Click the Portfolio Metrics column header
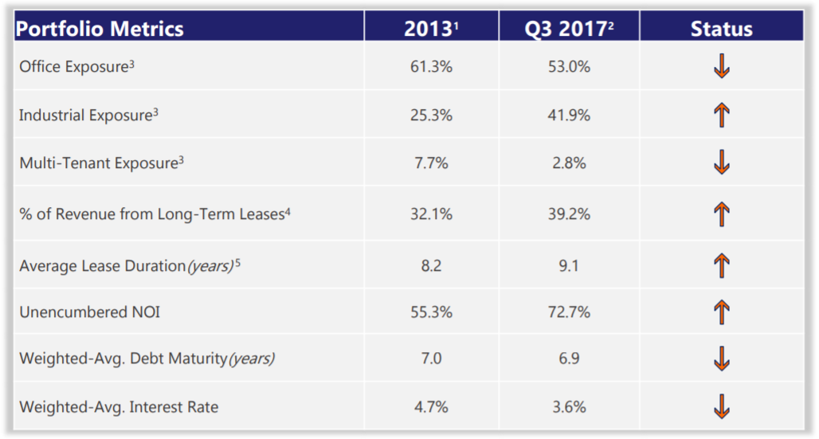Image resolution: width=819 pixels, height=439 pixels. click(100, 29)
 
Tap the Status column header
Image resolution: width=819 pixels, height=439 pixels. click(721, 29)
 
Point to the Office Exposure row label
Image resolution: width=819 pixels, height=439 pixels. click(76, 67)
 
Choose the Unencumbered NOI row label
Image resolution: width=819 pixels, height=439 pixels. click(89, 312)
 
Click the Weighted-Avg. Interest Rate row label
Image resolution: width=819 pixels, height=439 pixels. click(119, 407)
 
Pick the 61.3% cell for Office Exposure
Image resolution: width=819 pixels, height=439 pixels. click(431, 67)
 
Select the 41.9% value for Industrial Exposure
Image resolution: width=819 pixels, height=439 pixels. click(569, 115)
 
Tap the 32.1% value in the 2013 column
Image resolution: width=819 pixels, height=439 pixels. click(431, 214)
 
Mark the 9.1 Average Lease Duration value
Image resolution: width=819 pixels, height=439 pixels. click(569, 265)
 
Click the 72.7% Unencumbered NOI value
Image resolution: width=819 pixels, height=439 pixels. click(569, 312)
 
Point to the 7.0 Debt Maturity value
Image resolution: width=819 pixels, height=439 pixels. click(431, 359)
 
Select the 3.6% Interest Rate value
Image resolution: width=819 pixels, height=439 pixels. click(569, 407)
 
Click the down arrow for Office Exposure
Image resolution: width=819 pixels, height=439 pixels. click(722, 67)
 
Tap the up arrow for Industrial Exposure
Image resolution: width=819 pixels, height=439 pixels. click(722, 116)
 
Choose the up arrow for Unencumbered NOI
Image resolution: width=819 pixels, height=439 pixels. click(722, 312)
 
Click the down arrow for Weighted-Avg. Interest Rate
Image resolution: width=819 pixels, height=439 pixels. click(722, 406)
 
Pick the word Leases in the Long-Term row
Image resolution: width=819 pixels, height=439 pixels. click(260, 214)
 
